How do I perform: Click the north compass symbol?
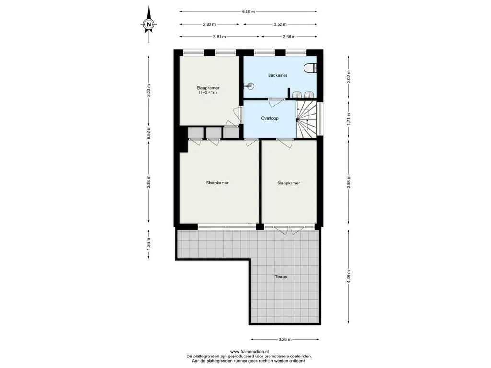pos(149,24)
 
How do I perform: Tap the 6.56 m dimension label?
pos(248,11)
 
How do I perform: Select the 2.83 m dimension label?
pos(210,24)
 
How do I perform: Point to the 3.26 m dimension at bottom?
pos(285,339)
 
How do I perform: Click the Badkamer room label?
pos(278,75)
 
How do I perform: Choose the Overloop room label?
pos(269,118)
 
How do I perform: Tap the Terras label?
pos(281,276)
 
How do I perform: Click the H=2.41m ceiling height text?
pos(208,92)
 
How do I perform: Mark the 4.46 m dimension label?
pos(349,276)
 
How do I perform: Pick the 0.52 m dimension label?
pos(149,133)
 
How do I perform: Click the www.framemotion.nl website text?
pos(249,351)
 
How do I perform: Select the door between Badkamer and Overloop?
pos(276,103)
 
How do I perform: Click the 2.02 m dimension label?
pos(349,77)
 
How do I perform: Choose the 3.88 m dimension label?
pos(149,181)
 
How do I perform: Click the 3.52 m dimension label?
pos(280,24)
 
